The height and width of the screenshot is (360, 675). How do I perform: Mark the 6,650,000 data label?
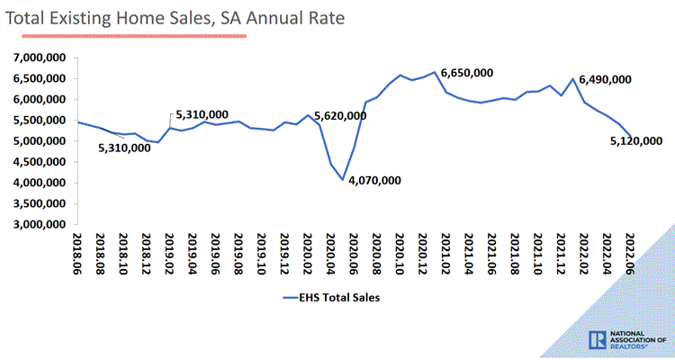click(467, 72)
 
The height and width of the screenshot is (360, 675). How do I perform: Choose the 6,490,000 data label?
click(604, 80)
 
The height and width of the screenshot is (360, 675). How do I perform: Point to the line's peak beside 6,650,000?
click(435, 72)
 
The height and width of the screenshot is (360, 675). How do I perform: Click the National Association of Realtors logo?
click(626, 339)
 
